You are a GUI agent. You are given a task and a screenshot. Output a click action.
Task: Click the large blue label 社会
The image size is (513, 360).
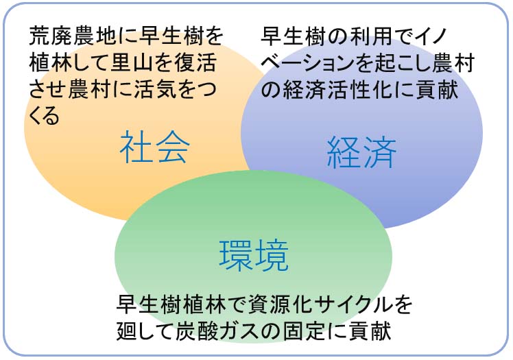point(154,147)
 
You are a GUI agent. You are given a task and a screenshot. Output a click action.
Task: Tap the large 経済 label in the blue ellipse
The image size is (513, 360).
point(361,152)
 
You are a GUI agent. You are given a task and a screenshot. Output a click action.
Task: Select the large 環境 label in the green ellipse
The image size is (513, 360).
point(254,255)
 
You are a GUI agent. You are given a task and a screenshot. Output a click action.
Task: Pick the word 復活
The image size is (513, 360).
point(195,62)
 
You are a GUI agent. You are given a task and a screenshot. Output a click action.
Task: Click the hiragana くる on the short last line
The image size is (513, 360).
point(44,116)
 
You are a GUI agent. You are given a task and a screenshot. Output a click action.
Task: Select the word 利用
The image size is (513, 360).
point(370,36)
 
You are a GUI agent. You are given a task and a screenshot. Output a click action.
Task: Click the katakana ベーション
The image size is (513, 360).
point(308,62)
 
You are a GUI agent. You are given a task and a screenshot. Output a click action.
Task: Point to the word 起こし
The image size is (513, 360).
point(403,62)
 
